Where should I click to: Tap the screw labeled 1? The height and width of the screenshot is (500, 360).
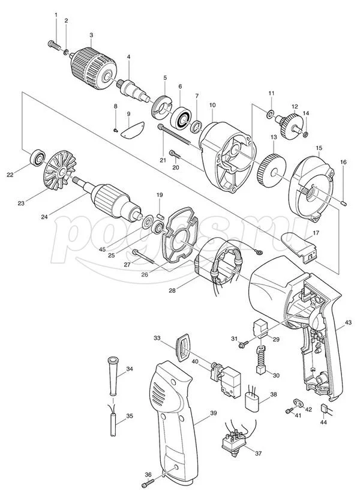[x=54, y=44]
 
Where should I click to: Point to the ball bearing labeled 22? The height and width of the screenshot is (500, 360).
[x=38, y=157]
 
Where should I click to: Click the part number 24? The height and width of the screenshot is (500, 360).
[x=44, y=217]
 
